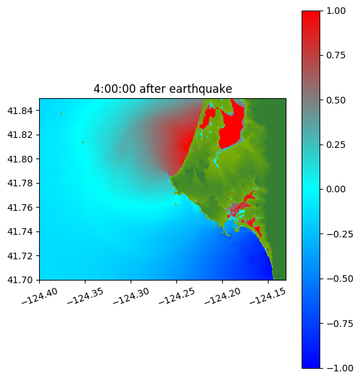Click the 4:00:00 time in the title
click(x=114, y=89)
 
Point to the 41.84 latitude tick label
click(x=20, y=111)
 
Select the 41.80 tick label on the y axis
click(x=20, y=159)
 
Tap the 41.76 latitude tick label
click(x=20, y=208)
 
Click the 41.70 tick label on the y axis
click(x=20, y=280)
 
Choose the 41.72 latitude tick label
click(x=20, y=256)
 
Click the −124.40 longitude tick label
click(x=40, y=296)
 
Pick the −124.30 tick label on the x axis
click(x=131, y=296)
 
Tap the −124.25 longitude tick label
click(x=176, y=296)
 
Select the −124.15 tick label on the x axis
click(x=268, y=296)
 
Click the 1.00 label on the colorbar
click(x=335, y=11)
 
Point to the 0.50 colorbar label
click(x=335, y=100)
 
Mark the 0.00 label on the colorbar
click(x=335, y=190)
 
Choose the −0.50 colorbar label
click(x=339, y=279)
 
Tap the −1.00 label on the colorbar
click(x=339, y=368)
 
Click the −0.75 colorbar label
click(x=339, y=324)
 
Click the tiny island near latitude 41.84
click(x=62, y=113)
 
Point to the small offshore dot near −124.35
click(x=83, y=143)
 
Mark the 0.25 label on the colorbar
click(x=335, y=145)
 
